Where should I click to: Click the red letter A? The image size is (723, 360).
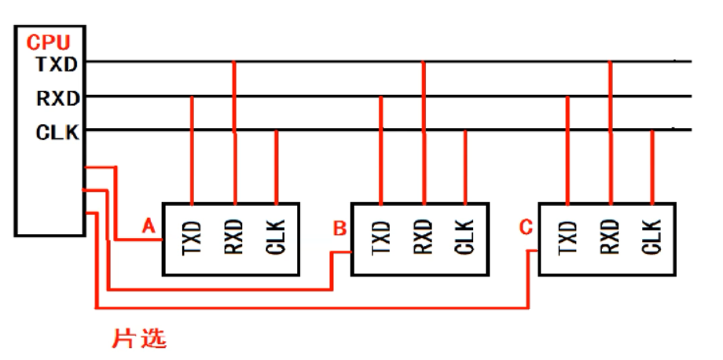(149, 226)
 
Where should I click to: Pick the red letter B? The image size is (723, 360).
(339, 229)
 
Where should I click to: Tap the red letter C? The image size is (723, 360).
(526, 229)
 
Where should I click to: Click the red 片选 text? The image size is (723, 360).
(140, 339)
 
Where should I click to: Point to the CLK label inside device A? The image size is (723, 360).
(276, 239)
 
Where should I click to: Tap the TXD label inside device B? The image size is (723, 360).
(381, 239)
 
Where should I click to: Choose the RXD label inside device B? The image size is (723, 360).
(424, 239)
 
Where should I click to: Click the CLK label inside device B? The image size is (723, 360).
(464, 239)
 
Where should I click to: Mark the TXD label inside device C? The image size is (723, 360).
(568, 239)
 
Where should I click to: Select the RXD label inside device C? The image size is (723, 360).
(611, 239)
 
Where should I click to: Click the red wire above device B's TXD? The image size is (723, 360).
(381, 149)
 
